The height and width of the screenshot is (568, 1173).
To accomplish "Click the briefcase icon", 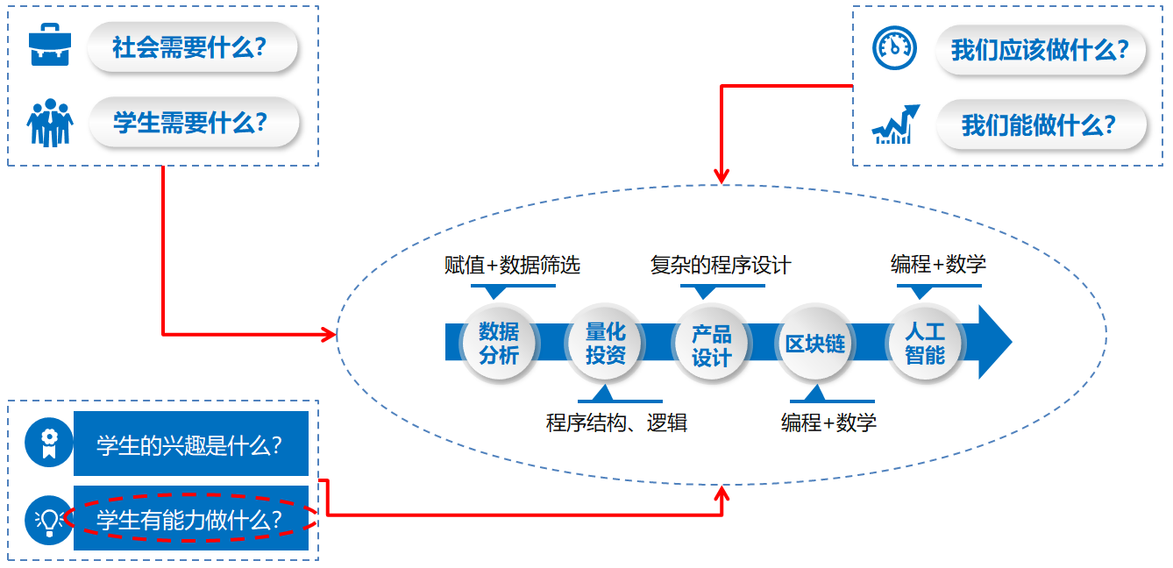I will [49, 46].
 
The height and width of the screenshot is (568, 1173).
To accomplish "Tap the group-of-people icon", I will [50, 123].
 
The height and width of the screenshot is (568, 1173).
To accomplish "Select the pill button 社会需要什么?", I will [192, 46].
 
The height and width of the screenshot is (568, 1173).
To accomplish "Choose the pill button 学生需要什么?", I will [192, 123].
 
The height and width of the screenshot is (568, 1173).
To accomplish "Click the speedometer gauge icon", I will [894, 48].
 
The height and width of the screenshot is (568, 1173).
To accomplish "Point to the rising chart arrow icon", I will [895, 124].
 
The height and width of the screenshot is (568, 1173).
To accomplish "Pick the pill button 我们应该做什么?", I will [1041, 49].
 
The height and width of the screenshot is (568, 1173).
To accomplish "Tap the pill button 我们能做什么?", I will [1041, 124].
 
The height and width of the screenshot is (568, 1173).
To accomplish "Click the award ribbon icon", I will [48, 442].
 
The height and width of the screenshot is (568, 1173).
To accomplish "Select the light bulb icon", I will [48, 520].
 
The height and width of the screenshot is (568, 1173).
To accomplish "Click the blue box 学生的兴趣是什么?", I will [190, 444].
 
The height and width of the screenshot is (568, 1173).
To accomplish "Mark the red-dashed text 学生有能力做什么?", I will [190, 519].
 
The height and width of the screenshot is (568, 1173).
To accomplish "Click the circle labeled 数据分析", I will [499, 343].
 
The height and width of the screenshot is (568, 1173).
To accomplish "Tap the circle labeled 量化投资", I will [605, 343].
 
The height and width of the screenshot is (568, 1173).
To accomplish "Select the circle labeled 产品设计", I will [711, 344].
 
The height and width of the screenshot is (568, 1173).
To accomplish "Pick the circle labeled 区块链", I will [815, 343].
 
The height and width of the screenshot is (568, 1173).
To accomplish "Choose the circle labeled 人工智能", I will [924, 343].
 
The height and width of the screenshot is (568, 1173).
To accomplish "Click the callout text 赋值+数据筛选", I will [512, 265].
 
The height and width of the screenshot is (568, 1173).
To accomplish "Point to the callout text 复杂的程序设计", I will [721, 265].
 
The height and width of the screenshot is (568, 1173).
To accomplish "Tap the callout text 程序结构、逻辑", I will [616, 423].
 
